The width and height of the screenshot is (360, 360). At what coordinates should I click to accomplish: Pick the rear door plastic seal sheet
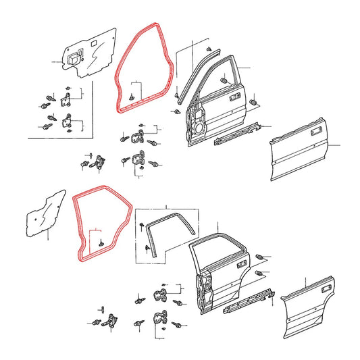point(42,214)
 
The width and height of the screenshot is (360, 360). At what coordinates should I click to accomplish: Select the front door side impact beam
point(234,134)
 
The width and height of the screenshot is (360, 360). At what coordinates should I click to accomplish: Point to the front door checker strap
point(99,161)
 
